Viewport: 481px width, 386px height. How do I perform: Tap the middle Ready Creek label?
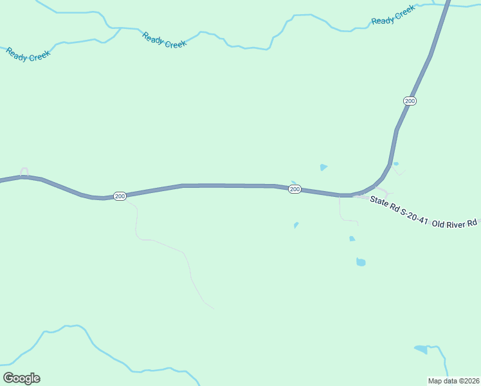point(164,40)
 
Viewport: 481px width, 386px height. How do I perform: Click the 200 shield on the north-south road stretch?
point(410,101)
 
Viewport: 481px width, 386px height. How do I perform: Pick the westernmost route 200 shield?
point(120,196)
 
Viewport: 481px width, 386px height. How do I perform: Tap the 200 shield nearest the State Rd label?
point(295,189)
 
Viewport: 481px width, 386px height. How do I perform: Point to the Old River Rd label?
point(454,223)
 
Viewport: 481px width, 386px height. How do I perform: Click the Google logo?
point(21,378)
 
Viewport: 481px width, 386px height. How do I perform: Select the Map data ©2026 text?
point(453,381)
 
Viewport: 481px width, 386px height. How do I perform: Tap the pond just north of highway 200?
point(323,167)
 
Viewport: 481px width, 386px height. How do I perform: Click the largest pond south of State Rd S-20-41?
point(361,262)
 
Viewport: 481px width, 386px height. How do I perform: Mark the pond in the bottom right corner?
point(421,349)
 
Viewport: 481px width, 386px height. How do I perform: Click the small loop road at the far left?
point(24,172)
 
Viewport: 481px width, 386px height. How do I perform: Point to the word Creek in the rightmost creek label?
point(404,12)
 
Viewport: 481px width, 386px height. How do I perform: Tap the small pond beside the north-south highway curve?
point(395,163)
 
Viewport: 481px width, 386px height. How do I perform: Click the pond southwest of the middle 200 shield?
point(296,225)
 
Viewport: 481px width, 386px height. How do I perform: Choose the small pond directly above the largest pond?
point(352,239)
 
